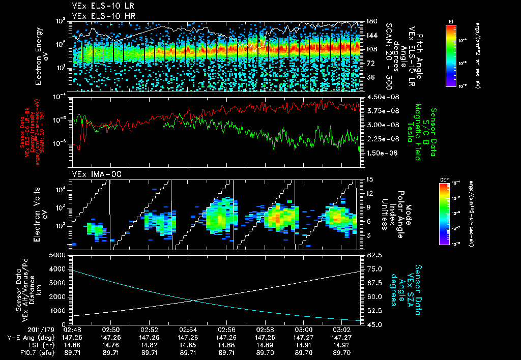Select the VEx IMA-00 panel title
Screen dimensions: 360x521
pyautogui.click(x=94, y=174)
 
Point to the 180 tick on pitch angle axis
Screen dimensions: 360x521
pyautogui.click(x=370, y=21)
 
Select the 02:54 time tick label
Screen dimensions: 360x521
pyautogui.click(x=188, y=329)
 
